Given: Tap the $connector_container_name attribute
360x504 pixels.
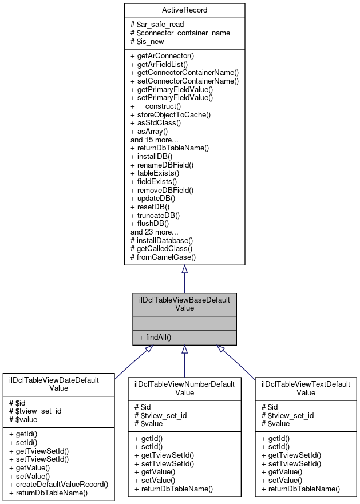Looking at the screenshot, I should [180, 33].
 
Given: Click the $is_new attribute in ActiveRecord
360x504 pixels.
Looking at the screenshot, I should [151, 41].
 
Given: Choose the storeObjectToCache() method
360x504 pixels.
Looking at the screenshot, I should [171, 114].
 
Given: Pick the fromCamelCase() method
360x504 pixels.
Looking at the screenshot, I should [163, 257].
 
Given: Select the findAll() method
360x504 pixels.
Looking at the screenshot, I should [155, 338].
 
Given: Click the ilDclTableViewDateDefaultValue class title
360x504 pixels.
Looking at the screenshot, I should [59, 383].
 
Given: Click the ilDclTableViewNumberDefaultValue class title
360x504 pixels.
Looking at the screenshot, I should [184, 388].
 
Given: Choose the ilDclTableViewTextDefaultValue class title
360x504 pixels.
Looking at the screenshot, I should [306, 388].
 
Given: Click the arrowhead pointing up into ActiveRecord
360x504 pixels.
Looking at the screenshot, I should [184, 269].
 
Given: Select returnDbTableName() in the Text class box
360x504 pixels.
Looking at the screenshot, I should [300, 489].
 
